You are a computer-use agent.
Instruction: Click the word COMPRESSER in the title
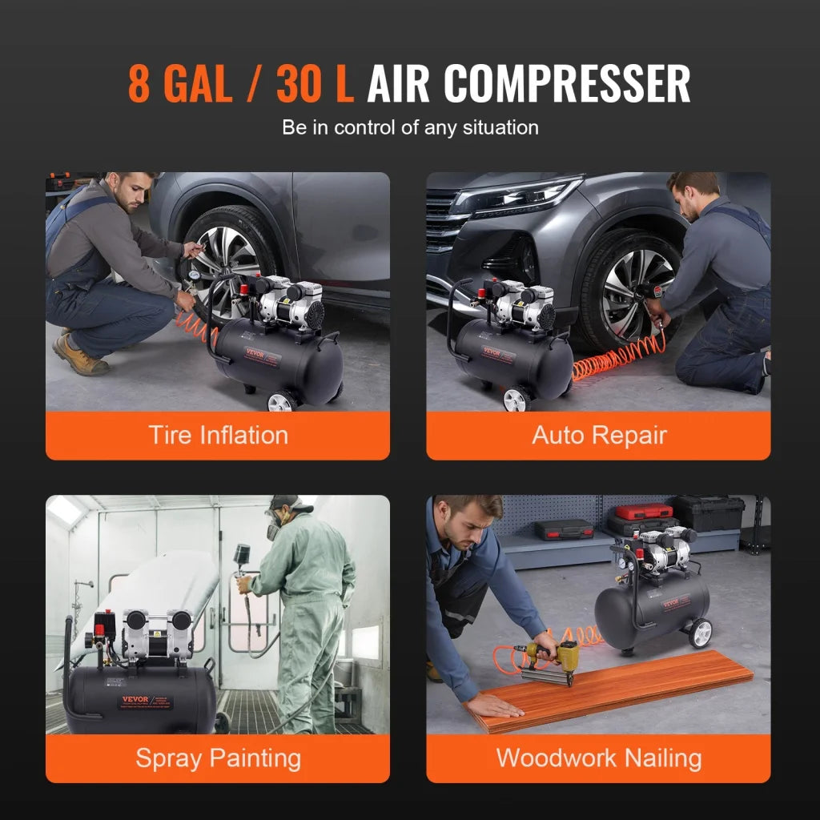click(568, 83)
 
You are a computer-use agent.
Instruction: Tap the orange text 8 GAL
click(180, 83)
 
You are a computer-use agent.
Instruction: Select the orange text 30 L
click(315, 83)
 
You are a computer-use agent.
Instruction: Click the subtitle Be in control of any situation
click(410, 127)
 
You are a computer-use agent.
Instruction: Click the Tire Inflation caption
click(218, 436)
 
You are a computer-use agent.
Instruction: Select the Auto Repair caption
click(599, 436)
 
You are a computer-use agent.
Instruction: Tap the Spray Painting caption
click(218, 758)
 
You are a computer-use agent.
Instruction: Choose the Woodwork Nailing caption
click(599, 758)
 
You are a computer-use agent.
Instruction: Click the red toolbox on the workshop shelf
click(643, 512)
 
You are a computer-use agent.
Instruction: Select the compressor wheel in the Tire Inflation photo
click(280, 401)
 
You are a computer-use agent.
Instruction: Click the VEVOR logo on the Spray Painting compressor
click(135, 699)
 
